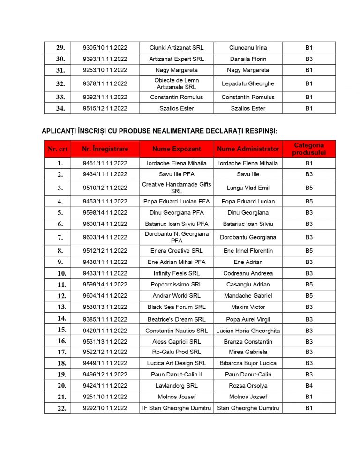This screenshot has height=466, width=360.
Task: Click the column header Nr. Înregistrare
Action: (105, 149)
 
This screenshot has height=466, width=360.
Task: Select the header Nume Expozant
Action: (176, 149)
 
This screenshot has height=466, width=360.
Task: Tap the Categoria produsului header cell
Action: (309, 149)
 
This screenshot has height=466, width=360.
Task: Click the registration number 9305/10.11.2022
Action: (105, 48)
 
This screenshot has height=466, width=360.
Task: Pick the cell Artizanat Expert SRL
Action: (176, 59)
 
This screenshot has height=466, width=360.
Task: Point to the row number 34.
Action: (60, 108)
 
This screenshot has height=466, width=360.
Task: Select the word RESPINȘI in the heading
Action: (256, 130)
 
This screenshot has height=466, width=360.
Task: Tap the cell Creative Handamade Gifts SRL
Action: (176, 188)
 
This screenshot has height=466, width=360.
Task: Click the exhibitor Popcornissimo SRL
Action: (176, 285)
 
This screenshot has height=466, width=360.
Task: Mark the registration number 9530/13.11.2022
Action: (105, 307)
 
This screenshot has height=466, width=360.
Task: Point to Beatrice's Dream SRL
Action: (176, 319)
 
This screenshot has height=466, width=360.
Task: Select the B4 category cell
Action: (309, 386)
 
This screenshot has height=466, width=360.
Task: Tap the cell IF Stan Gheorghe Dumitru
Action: (176, 408)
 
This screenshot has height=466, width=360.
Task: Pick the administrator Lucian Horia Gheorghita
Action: (248, 331)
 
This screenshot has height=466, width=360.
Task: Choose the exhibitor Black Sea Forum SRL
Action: (176, 307)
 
